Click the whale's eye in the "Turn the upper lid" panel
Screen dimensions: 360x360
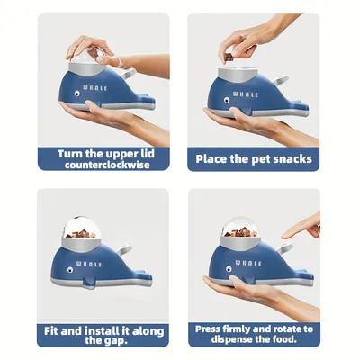click(x=76, y=92)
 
